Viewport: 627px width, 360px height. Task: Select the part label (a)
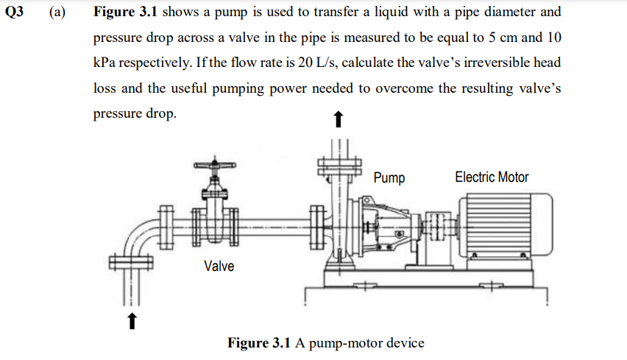tap(57, 13)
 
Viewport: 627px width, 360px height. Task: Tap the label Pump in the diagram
tap(389, 177)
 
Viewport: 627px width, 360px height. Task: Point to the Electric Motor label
tap(492, 177)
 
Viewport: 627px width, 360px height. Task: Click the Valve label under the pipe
tap(219, 266)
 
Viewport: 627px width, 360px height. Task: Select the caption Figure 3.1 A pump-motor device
tap(326, 343)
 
